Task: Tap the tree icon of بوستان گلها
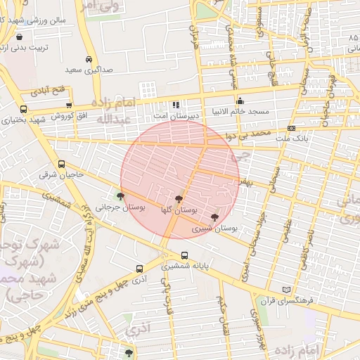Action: click(x=180, y=200)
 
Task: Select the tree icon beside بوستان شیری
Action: click(x=214, y=217)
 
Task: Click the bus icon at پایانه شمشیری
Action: click(x=184, y=256)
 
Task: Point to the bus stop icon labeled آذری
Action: click(x=139, y=269)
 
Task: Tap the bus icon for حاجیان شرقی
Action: click(x=61, y=164)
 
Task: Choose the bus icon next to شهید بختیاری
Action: click(x=24, y=110)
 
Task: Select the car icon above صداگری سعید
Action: click(x=89, y=60)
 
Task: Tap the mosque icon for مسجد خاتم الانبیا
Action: click(x=240, y=101)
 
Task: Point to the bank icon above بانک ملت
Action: click(x=291, y=127)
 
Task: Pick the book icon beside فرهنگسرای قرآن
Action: click(x=285, y=290)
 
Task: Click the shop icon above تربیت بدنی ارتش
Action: click(x=18, y=37)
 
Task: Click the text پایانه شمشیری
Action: click(x=181, y=266)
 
